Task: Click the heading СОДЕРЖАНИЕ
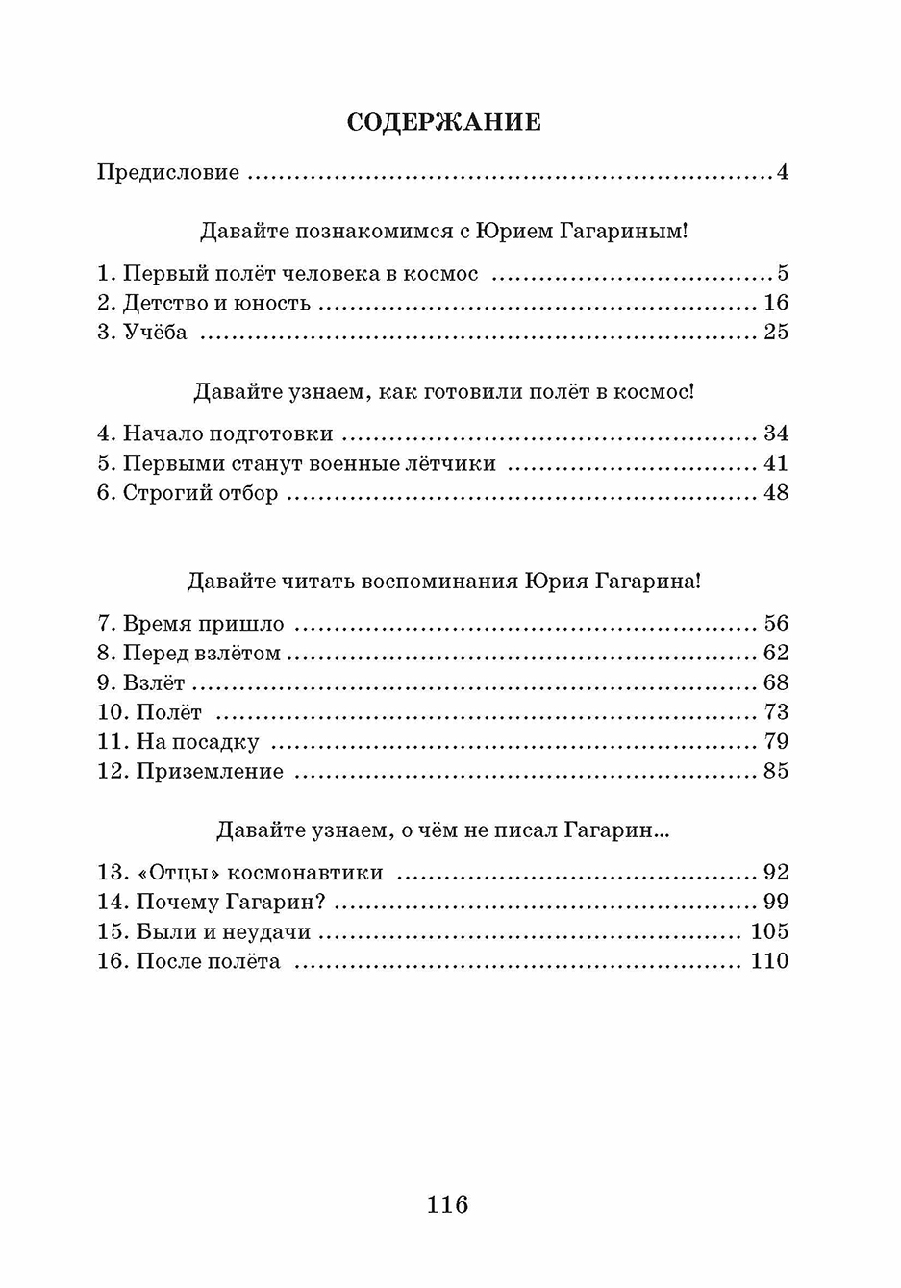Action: [x=443, y=122]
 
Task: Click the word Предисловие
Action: [x=168, y=173]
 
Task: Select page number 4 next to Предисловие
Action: [x=782, y=173]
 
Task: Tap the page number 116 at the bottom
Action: [x=447, y=1203]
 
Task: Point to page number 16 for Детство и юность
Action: [x=776, y=303]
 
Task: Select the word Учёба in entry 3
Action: [x=156, y=333]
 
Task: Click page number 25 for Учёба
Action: [x=776, y=333]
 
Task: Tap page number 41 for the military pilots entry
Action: [x=776, y=463]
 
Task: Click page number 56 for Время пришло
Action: [x=776, y=624]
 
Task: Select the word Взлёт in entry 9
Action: [x=154, y=682]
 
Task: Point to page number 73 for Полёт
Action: [x=776, y=712]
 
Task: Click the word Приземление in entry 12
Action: [x=210, y=772]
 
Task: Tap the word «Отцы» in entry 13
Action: [x=176, y=873]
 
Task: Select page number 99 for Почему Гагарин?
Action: [x=776, y=902]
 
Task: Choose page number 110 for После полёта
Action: [x=769, y=961]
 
